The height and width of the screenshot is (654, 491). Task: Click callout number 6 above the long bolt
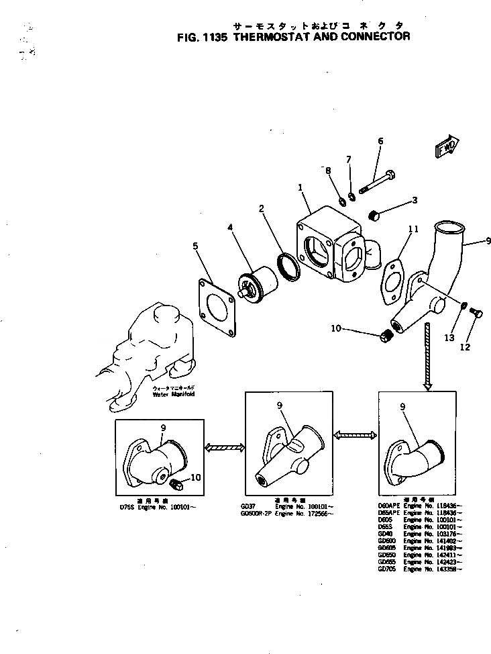tap(380, 141)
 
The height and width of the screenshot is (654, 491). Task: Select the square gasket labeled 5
tap(218, 308)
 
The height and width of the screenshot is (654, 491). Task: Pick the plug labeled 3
tap(376, 215)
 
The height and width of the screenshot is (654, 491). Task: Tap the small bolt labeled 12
tap(477, 312)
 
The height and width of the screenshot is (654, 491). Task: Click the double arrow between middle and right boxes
tap(354, 436)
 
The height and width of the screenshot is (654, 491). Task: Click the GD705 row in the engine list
tap(419, 569)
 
